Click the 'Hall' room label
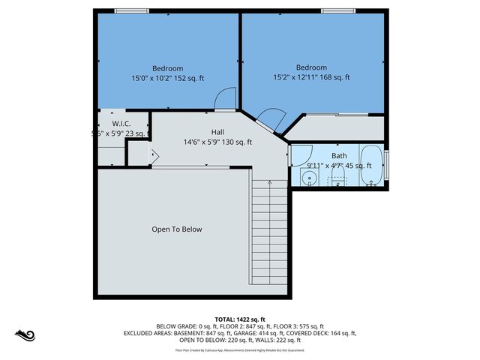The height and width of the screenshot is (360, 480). point(217,132)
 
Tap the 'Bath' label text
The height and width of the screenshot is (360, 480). point(339,155)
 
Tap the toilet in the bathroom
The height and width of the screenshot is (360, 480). point(337,178)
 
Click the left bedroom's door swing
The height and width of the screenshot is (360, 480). point(223,98)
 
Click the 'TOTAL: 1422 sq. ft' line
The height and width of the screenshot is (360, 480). point(240,319)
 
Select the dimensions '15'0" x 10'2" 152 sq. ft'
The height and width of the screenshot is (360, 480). point(168,78)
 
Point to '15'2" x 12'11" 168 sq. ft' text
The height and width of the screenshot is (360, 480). point(310,77)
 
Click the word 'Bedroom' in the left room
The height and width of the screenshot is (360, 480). point(168,68)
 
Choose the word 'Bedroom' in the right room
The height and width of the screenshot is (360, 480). point(310,67)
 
